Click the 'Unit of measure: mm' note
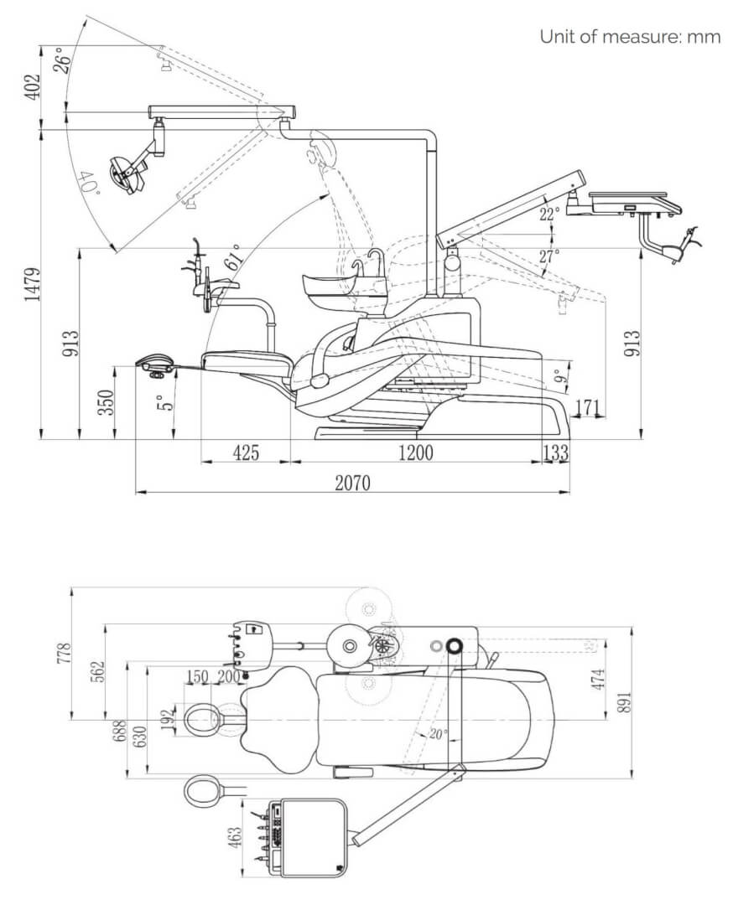click(x=630, y=36)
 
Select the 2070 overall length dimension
click(x=353, y=482)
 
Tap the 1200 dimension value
click(x=416, y=452)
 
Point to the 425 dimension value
click(x=246, y=452)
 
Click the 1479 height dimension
click(x=33, y=284)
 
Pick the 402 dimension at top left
click(x=33, y=86)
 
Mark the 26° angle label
click(x=62, y=59)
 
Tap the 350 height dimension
click(x=107, y=402)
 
